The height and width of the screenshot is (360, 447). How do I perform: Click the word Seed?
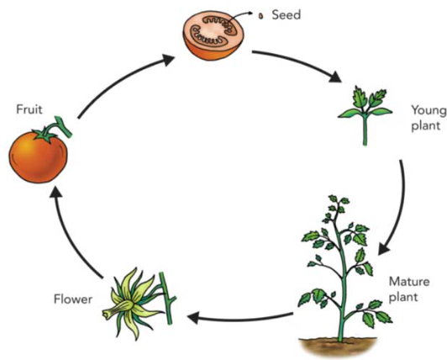287,15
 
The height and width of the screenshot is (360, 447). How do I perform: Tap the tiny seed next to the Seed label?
260,16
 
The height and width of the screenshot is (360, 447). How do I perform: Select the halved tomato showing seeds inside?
213,35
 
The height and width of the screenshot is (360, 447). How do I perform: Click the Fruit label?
29,109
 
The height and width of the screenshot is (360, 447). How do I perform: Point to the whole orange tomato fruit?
38,156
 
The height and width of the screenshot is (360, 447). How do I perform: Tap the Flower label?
73,299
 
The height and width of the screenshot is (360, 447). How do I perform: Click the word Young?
429,111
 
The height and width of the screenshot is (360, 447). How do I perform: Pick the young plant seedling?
365,114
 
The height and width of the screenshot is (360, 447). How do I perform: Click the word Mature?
409,282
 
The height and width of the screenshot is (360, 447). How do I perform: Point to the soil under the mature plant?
338,347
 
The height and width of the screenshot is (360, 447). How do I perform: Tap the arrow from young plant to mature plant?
400,209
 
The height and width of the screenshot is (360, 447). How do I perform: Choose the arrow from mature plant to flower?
239,318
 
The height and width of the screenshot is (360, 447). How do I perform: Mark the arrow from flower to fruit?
71,233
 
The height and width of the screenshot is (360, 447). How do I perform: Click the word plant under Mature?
403,298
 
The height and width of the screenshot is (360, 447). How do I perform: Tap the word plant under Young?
426,126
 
